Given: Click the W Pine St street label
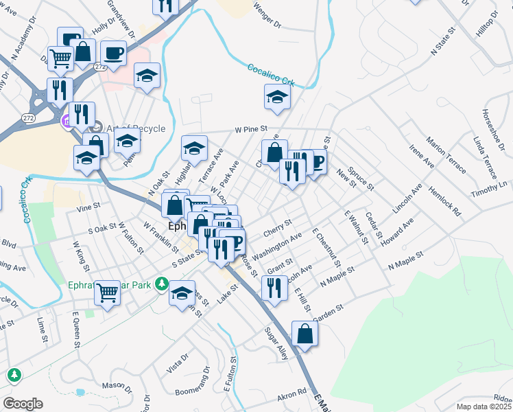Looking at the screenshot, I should (250, 128).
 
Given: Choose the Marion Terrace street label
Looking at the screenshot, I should (445, 154).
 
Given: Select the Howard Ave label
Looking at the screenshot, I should (399, 233).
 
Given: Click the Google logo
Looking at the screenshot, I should (23, 404).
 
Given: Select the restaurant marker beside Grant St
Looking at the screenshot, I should (274, 288).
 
